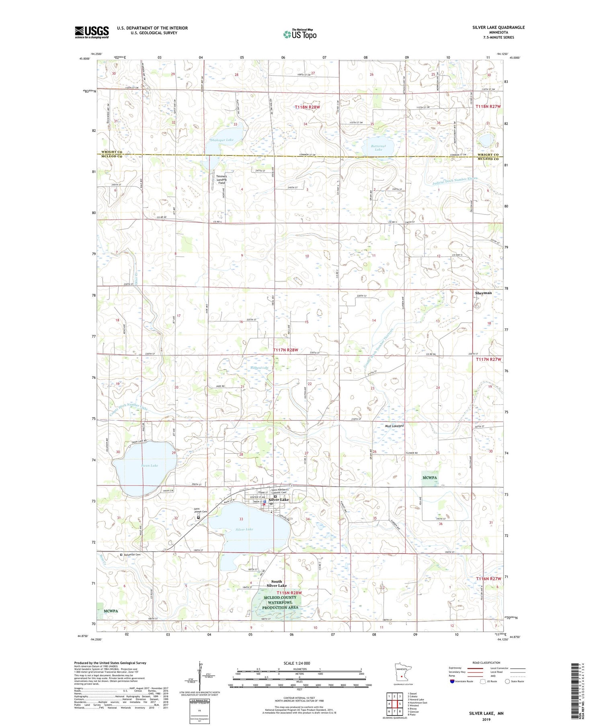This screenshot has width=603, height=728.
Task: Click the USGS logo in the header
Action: point(92,32)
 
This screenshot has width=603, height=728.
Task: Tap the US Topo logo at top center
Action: point(299,34)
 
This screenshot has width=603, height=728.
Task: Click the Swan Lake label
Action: point(150,465)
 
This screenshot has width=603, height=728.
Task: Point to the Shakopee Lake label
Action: point(222,140)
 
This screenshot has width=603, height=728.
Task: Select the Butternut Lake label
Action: point(378,147)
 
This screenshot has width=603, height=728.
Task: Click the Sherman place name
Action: point(483,293)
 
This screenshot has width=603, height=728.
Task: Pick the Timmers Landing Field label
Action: point(222,179)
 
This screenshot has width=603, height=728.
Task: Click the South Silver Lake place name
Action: point(277,583)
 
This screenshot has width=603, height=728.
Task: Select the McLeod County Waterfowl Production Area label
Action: point(280,602)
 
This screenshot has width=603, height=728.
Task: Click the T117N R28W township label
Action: point(286,350)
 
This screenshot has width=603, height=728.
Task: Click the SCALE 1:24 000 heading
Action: point(299,663)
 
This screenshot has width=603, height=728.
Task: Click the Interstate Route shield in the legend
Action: point(452,681)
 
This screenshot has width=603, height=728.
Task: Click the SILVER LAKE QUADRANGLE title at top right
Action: point(498,27)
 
